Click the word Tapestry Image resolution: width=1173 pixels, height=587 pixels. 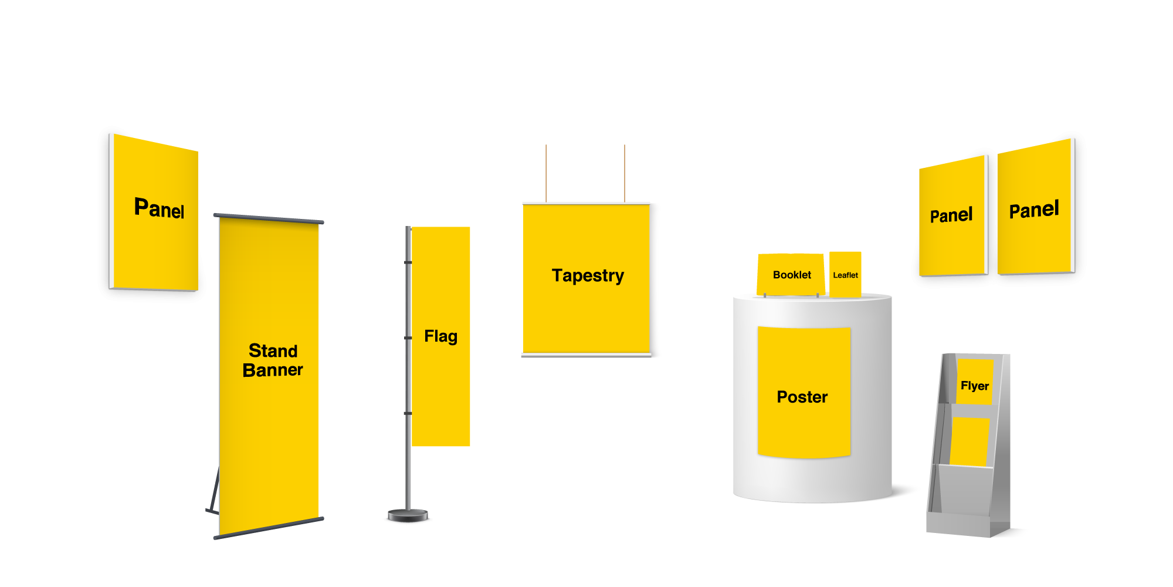pyautogui.click(x=588, y=275)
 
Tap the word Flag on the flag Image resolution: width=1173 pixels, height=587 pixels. pyautogui.click(x=440, y=336)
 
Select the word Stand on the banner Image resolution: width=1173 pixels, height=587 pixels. pyautogui.click(x=273, y=350)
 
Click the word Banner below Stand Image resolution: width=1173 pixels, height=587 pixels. pyautogui.click(x=273, y=370)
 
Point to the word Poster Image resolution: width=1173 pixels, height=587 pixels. pyautogui.click(x=802, y=397)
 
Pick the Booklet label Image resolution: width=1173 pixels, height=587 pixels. pyautogui.click(x=792, y=275)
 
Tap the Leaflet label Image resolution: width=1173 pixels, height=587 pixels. pyautogui.click(x=845, y=275)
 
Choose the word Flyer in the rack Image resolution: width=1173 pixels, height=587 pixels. pyautogui.click(x=974, y=386)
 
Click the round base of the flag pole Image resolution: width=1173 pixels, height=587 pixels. pyautogui.click(x=408, y=517)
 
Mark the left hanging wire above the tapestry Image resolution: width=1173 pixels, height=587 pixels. pyautogui.click(x=546, y=173)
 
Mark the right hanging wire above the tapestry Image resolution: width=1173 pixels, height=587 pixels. pyautogui.click(x=625, y=173)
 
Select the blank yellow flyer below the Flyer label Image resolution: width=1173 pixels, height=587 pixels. pyautogui.click(x=969, y=441)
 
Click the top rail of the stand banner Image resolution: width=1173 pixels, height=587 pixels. pyautogui.click(x=269, y=218)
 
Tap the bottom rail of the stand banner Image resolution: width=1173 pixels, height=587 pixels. pyautogui.click(x=269, y=528)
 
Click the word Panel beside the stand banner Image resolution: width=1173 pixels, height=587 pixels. pyautogui.click(x=159, y=208)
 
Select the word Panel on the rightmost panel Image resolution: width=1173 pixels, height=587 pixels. pyautogui.click(x=1034, y=210)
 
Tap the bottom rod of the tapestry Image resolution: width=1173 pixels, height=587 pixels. pyautogui.click(x=586, y=355)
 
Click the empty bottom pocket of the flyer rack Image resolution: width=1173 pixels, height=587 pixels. pyautogui.click(x=962, y=490)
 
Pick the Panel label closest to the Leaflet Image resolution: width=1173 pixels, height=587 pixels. pyautogui.click(x=951, y=215)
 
